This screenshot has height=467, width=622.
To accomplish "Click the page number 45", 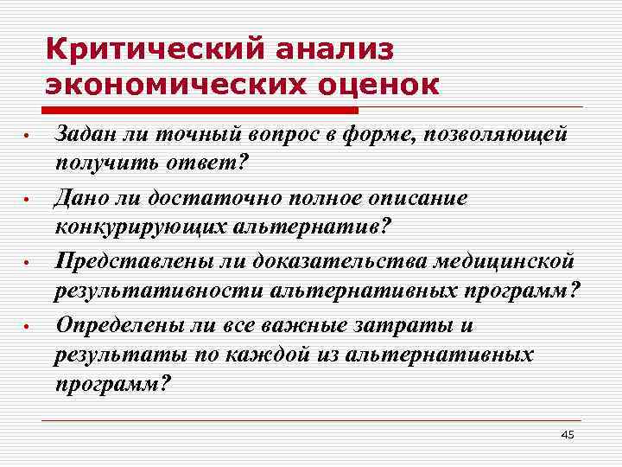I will tap(568, 434).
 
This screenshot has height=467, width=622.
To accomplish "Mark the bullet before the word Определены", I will tap(28, 327).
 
